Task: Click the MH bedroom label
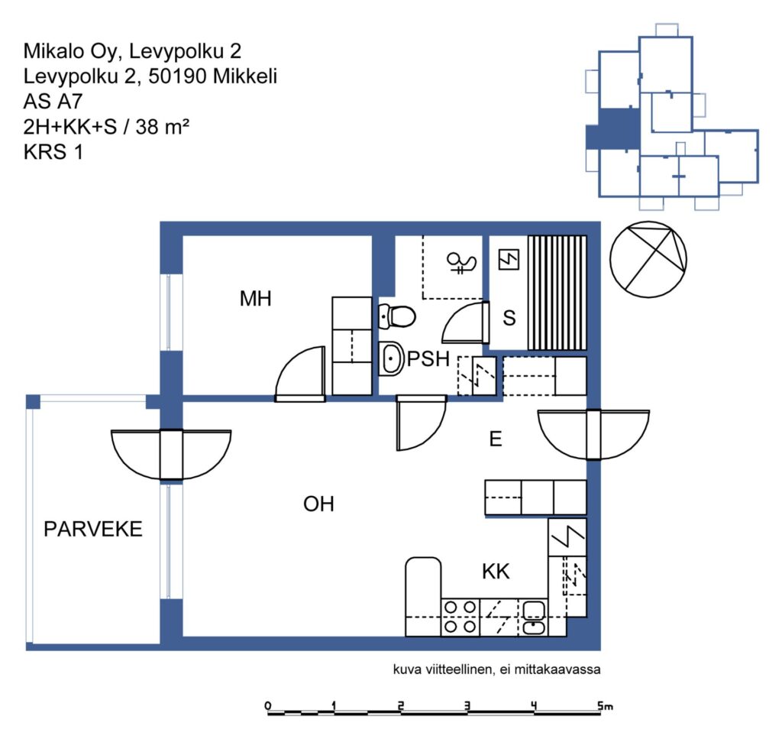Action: point(255,298)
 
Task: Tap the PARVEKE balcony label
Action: point(93,529)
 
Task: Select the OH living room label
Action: point(318,504)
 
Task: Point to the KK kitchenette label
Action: point(496,572)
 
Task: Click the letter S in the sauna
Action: point(509,317)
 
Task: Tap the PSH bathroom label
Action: point(428,358)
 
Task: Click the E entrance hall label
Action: point(495,439)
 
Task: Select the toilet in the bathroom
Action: point(397,316)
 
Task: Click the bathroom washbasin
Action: point(392,358)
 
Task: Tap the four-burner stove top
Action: point(460,617)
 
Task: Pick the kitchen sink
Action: point(534,617)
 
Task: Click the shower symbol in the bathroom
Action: point(462,263)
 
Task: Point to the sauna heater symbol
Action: point(509,260)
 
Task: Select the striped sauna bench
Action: point(557,293)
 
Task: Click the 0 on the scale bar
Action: point(268,705)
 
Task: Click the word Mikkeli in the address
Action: point(245,76)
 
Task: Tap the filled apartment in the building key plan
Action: point(613,128)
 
